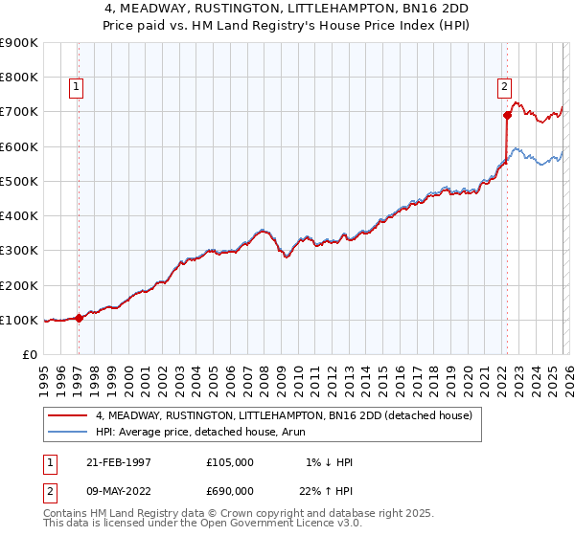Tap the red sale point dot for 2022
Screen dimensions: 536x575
coord(507,115)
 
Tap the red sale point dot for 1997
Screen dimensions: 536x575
coord(79,319)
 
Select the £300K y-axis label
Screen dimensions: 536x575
coord(19,250)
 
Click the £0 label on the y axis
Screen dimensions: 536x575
coord(30,354)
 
